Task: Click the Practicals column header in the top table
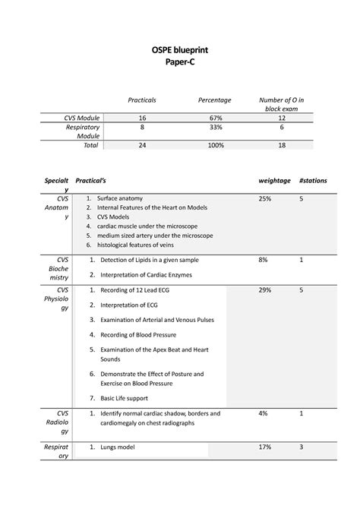(142, 100)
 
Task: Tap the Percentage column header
(214, 100)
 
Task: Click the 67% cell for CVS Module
(214, 119)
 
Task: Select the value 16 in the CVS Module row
(142, 119)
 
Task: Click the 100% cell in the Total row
(214, 144)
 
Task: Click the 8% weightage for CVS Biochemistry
(263, 260)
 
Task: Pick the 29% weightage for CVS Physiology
(264, 290)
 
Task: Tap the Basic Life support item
(127, 398)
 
